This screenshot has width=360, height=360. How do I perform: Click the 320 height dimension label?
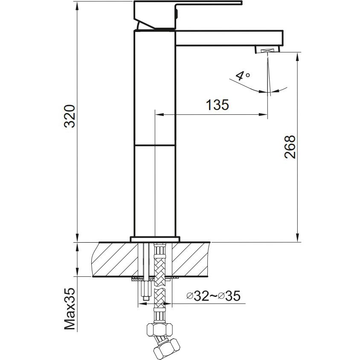70,116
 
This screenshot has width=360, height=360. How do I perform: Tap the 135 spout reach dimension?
217,105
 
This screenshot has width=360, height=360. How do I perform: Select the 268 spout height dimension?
290,147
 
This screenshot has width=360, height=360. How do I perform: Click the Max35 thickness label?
70,309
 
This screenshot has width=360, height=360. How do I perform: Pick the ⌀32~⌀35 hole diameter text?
214,296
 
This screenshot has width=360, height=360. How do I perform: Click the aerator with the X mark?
267,50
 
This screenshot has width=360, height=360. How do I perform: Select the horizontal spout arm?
229,38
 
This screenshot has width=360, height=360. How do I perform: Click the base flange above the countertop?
155,239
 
